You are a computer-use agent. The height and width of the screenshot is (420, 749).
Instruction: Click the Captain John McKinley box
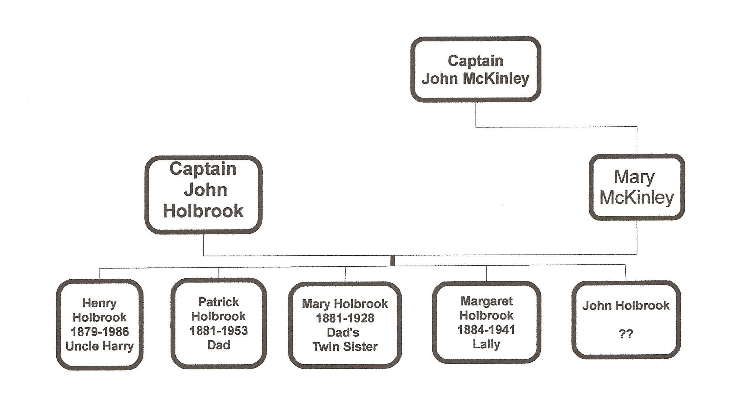click(476, 69)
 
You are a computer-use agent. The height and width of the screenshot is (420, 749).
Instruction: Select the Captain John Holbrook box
click(204, 195)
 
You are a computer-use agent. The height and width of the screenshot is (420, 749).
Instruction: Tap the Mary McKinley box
click(636, 187)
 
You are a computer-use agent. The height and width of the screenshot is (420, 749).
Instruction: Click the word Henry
click(99, 303)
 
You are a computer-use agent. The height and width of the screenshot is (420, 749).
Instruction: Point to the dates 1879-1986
click(99, 332)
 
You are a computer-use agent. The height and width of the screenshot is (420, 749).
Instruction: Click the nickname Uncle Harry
click(99, 346)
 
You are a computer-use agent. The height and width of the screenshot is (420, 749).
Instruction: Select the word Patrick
click(218, 302)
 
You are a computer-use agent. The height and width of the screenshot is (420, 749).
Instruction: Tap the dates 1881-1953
click(218, 331)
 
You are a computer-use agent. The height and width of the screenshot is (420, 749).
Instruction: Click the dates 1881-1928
click(345, 318)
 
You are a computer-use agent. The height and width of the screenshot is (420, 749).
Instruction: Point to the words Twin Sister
click(345, 346)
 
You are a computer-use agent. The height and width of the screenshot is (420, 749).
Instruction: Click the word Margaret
click(486, 301)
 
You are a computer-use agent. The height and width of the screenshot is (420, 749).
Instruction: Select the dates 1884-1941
click(486, 329)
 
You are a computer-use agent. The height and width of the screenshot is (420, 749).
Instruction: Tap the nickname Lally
click(486, 344)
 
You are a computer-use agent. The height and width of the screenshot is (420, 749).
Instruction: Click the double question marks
click(625, 334)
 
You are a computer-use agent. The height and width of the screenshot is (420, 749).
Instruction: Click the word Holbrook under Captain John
click(203, 211)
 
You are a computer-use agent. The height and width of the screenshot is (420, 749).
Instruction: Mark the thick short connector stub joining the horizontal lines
click(392, 260)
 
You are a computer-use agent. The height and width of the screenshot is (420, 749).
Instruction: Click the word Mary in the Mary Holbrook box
click(316, 304)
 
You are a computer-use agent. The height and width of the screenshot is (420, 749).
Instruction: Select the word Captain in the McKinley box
click(475, 61)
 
